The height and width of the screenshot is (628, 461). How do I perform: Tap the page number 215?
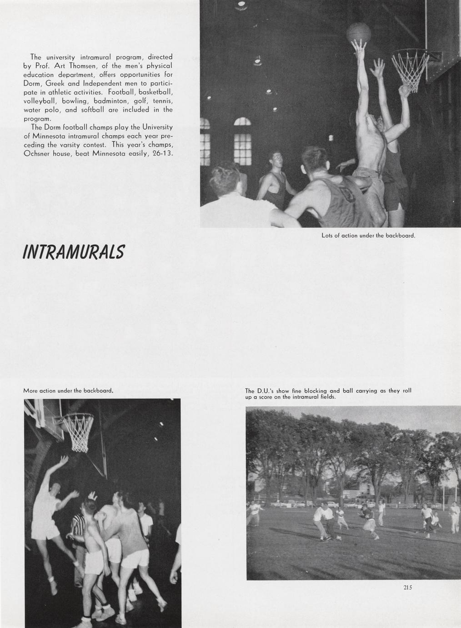click(x=407, y=587)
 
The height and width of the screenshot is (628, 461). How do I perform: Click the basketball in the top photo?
click(x=359, y=33)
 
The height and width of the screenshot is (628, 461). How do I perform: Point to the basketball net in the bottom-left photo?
click(x=78, y=431)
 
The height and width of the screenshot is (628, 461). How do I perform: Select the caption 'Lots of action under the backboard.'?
click(x=368, y=236)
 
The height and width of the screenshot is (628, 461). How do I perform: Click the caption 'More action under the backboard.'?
click(x=68, y=390)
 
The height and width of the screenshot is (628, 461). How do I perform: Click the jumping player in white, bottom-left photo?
click(x=47, y=505)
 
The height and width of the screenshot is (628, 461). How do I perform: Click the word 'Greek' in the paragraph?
click(x=57, y=83)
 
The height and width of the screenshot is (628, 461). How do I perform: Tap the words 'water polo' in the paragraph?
click(x=41, y=110)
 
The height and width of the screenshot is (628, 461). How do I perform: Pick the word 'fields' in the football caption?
click(x=326, y=397)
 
